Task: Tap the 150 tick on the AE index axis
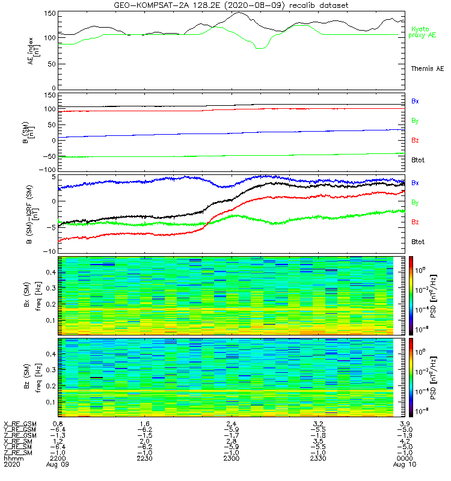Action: click(x=49, y=13)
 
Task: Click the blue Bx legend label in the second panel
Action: click(x=415, y=101)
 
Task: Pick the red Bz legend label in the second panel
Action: click(x=415, y=141)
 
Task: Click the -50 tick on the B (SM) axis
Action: click(x=48, y=156)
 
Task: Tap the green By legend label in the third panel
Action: click(x=415, y=203)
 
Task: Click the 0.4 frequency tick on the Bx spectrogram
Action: click(x=51, y=273)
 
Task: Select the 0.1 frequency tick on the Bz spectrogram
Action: click(x=51, y=402)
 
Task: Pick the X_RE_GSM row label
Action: click(x=19, y=424)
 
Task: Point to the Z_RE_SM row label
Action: click(x=19, y=452)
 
